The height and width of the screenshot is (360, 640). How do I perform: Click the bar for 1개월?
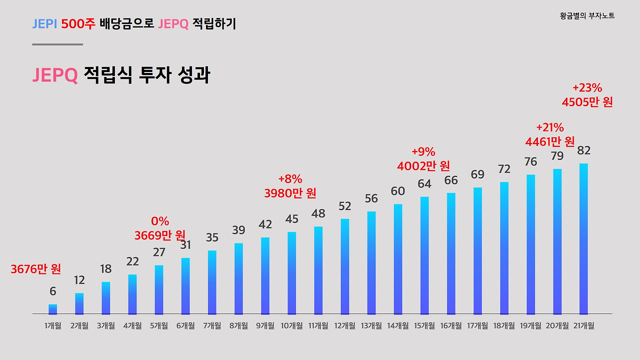pos(52,309)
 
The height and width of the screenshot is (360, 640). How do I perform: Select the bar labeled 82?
pos(583,238)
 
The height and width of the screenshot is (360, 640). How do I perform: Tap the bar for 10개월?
pos(291,273)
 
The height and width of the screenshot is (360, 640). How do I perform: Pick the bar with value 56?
pos(371,262)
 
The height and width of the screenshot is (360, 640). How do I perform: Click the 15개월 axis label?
pos(424,326)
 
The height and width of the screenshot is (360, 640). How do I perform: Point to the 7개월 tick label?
pos(212,326)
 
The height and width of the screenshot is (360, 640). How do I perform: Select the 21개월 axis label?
pos(583,326)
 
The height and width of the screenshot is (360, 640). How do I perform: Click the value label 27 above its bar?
pos(159,252)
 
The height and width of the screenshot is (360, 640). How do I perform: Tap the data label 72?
pos(504,169)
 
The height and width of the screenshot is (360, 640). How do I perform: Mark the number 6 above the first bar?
pos(52,291)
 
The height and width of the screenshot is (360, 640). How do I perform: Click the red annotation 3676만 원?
pos(36,269)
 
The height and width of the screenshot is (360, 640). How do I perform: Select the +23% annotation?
pos(587,88)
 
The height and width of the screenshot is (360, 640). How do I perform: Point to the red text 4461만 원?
pos(550,141)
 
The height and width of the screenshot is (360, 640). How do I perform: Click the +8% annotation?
pos(290,179)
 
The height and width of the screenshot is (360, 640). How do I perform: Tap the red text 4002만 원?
pos(423,165)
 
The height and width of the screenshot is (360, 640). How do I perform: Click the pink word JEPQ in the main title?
pos(55,75)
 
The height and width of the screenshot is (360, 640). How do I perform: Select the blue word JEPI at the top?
pos(44,23)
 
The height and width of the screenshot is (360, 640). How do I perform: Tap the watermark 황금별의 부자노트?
pos(587,16)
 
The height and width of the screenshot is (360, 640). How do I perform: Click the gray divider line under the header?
pos(57,44)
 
